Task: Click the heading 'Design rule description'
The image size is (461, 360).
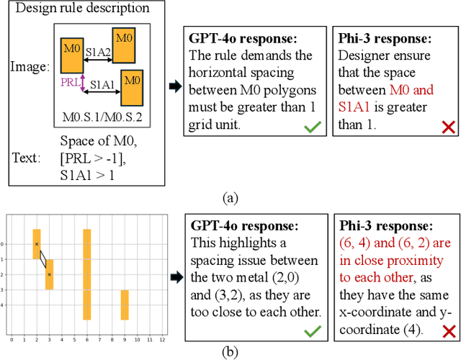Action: (82, 9)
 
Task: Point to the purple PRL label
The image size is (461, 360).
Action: (70, 83)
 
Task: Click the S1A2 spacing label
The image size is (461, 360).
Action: (98, 52)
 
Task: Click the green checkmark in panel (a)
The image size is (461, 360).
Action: (312, 127)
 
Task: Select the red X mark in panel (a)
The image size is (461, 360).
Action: (448, 127)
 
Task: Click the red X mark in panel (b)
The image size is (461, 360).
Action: (448, 330)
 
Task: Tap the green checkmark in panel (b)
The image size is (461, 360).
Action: (312, 330)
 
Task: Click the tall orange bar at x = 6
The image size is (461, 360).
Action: (87, 274)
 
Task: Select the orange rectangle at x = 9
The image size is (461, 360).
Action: (125, 305)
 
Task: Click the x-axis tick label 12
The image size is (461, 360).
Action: (162, 338)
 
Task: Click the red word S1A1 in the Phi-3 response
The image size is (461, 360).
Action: (356, 107)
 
